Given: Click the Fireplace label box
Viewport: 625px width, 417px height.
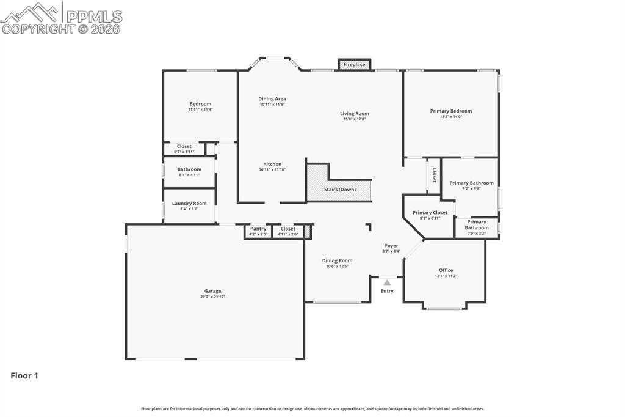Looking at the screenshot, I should click(354, 64).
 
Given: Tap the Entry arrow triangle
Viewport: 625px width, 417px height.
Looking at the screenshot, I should click(387, 282).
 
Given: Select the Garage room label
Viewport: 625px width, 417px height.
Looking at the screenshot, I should click(212, 291).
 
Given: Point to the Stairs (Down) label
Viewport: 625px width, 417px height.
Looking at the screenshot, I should click(339, 190).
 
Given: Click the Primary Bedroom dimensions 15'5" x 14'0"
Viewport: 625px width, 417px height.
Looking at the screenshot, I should click(450, 117).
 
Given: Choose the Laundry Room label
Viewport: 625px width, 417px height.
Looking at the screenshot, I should click(189, 204).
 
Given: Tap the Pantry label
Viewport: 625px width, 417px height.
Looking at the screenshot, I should click(258, 229).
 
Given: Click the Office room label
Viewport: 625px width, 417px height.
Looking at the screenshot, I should click(446, 270).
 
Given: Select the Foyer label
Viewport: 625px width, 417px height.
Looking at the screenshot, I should click(391, 246).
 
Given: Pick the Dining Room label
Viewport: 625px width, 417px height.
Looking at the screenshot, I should click(337, 260).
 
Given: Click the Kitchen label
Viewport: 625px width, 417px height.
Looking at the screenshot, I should click(272, 164).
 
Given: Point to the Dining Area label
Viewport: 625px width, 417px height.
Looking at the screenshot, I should click(272, 98).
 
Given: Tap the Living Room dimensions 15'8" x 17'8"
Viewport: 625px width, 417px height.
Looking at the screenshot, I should click(354, 119).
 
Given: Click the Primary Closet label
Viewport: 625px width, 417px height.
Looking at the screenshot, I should click(430, 213).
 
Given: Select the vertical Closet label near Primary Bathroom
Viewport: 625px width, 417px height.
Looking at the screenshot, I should click(434, 175).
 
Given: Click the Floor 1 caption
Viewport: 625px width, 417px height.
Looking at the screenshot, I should click(24, 376).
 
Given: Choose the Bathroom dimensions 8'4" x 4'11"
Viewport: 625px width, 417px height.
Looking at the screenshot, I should click(189, 175).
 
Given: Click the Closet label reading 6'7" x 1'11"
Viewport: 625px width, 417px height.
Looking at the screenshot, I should click(184, 152).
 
